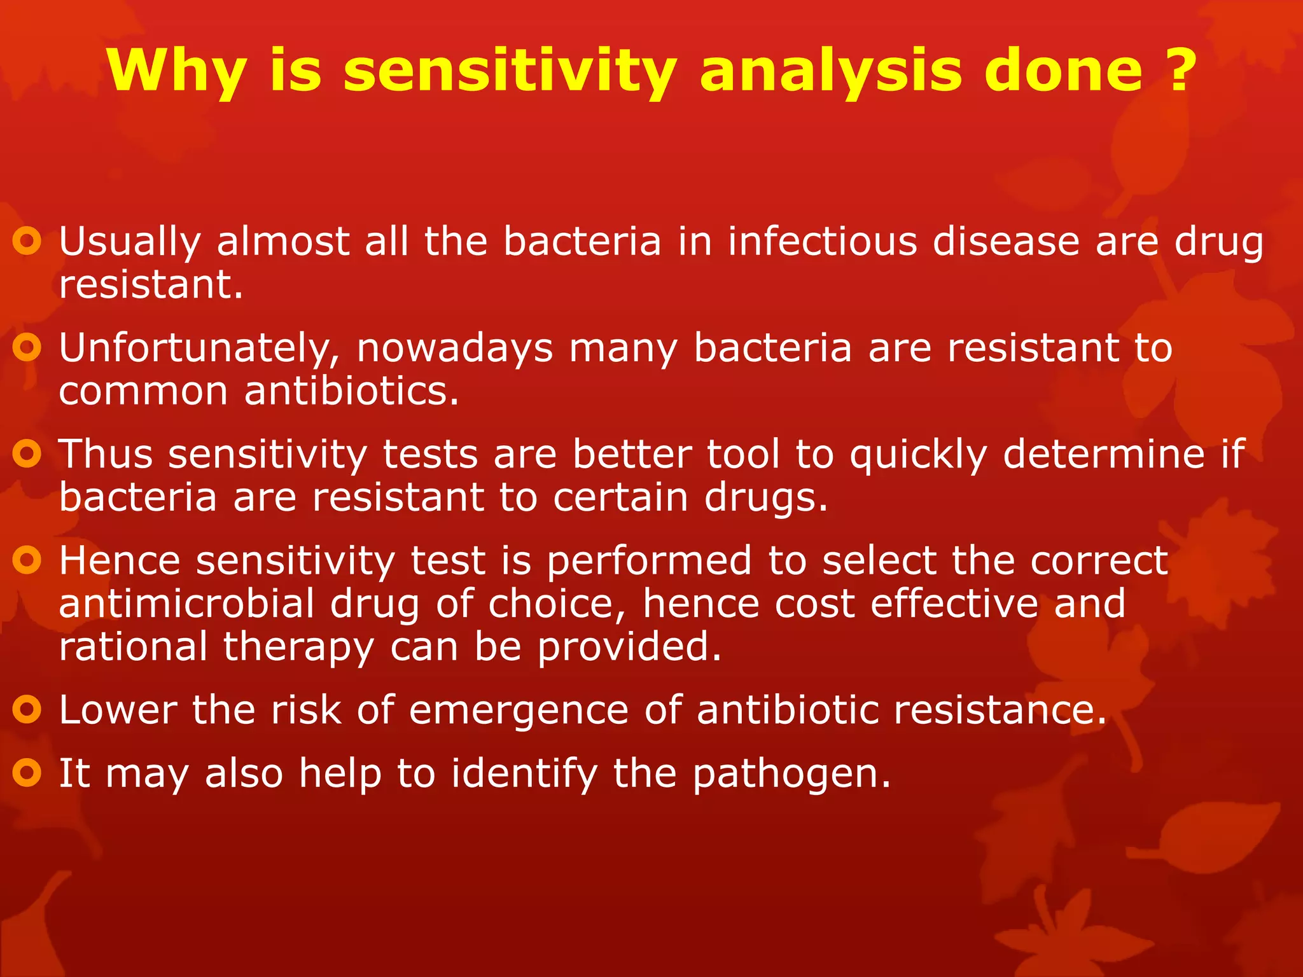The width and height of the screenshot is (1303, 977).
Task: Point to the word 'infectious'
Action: tap(822, 242)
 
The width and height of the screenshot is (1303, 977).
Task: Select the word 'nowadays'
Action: tap(454, 349)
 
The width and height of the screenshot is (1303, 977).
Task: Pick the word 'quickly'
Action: tap(918, 455)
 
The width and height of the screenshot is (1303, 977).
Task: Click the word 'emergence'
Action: tap(519, 710)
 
